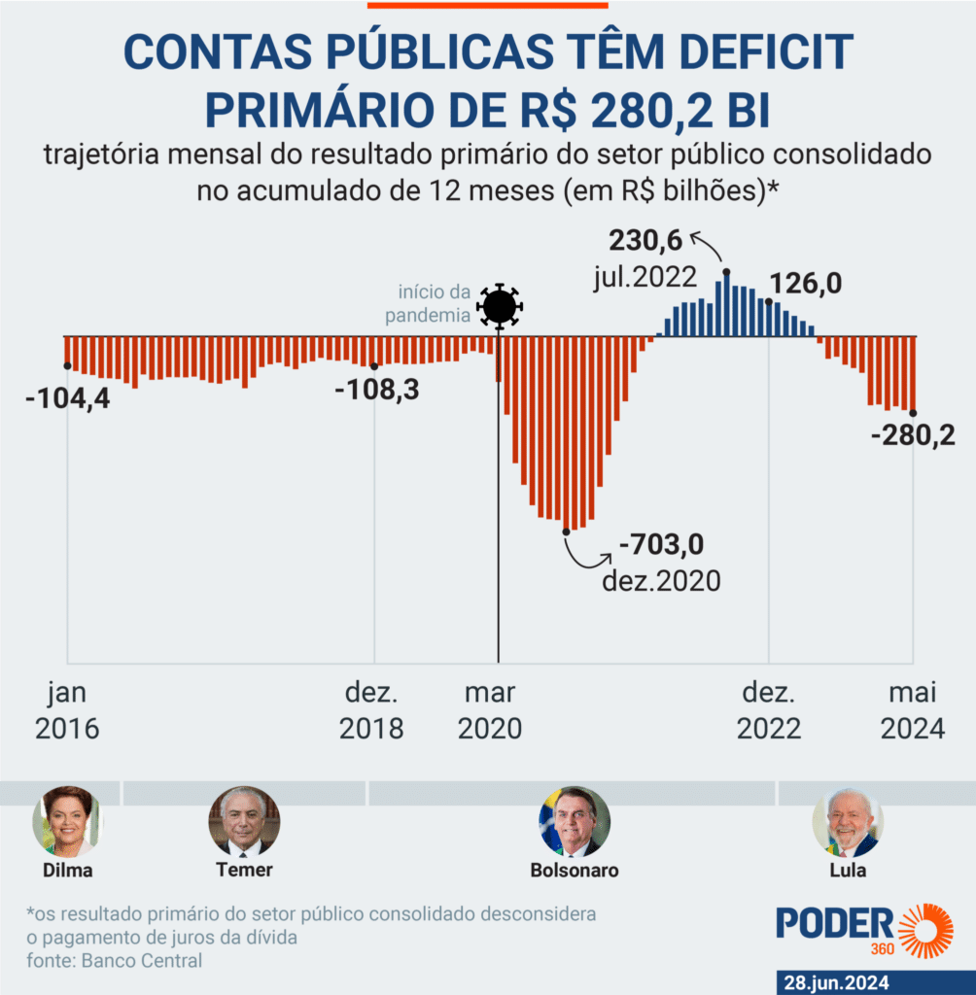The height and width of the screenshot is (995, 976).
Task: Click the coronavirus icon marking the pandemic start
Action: point(499,307)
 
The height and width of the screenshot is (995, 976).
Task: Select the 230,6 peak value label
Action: point(646,240)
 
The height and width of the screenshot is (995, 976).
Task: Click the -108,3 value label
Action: point(376,390)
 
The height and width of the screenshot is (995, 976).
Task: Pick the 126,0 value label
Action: point(806,285)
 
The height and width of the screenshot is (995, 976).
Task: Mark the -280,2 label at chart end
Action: point(913,435)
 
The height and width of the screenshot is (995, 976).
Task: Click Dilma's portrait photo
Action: point(67,821)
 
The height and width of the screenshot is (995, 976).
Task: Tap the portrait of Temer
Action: point(244,821)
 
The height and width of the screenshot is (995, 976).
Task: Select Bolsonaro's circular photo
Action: point(575,821)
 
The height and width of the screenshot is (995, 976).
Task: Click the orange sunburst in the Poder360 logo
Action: point(924,931)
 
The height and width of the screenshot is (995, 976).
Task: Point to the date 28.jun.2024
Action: point(837,982)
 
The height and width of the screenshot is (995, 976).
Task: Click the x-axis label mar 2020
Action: point(489,710)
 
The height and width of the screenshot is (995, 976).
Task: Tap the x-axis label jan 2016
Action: point(67,710)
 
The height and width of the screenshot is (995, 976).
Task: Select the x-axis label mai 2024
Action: point(913,710)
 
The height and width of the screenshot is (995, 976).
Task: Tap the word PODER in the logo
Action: point(834,923)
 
